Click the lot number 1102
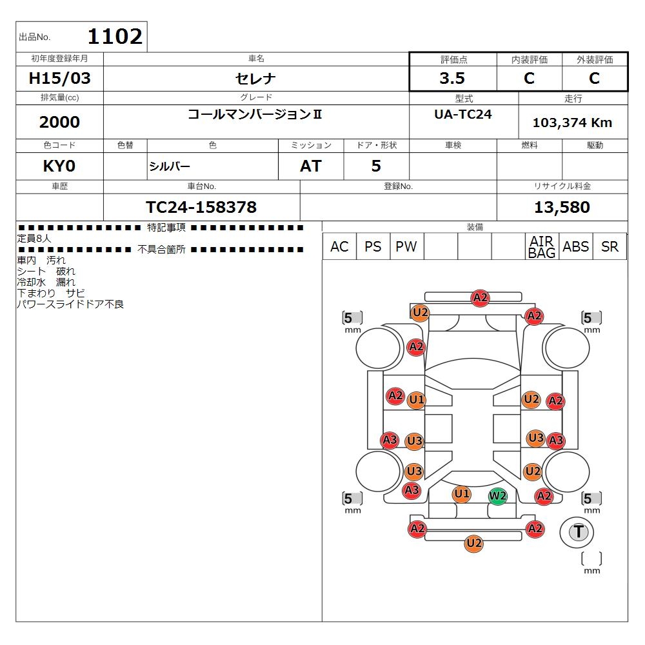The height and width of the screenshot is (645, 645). coord(114,37)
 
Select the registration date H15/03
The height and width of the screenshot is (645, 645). coord(60,79)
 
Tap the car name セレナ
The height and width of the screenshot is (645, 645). coord(256,79)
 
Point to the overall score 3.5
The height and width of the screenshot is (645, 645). coord(452,79)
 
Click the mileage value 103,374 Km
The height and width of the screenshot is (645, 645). coord(572,123)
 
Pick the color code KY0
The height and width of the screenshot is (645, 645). coord(59,166)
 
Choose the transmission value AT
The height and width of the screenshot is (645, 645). coord(310,166)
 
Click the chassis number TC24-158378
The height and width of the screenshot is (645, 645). coord(201,207)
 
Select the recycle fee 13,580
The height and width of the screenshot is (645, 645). coord(562,207)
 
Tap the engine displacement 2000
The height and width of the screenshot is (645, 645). coord(59,122)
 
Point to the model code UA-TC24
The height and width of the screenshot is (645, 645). coord(463,114)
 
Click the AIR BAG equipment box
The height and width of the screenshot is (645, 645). coord(542,247)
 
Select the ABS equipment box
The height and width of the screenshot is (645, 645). coord(575,247)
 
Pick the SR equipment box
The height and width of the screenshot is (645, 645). coord(610,247)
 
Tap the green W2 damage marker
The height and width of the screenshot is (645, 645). coord(497,496)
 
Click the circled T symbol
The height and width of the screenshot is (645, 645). coord(579,532)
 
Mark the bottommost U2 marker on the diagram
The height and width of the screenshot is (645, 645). coord(474,544)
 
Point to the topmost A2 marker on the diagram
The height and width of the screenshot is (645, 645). coord(480,298)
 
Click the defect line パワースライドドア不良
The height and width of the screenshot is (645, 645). coord(70,304)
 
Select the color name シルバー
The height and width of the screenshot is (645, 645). coord(170,166)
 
